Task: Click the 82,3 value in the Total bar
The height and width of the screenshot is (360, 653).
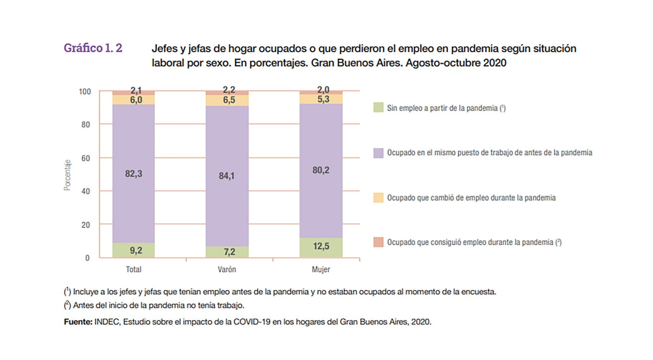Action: coord(134,174)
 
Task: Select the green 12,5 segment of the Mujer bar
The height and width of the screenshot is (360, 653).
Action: coord(321,246)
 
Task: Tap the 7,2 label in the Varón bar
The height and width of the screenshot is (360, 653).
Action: coord(229,252)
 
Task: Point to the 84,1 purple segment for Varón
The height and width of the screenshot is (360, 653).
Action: coord(227,176)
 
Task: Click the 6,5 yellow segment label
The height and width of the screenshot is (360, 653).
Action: coord(229,100)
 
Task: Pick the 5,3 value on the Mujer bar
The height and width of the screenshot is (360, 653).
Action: coord(323,99)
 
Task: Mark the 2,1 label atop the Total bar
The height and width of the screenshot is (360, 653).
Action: coord(136,91)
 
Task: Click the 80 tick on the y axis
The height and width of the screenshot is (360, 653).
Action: coord(86,125)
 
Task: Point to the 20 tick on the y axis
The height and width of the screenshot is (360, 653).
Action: coord(86,225)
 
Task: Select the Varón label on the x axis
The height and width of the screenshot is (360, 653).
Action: coord(227,269)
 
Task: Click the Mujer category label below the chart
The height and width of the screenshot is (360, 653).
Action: coord(321,269)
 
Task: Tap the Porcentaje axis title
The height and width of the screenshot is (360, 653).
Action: coord(68,175)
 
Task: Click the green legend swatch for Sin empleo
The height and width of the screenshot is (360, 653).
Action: coord(378,108)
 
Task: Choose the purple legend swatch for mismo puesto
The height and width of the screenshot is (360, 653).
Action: coord(378,153)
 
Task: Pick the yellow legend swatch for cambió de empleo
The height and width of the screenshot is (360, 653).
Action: coord(378,198)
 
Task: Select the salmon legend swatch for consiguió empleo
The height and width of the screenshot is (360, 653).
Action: coord(378,242)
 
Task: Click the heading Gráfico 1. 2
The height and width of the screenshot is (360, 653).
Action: coord(93,48)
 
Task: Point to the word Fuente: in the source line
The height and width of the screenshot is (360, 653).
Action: coord(78,322)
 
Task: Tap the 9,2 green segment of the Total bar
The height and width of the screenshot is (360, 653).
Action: coord(136,250)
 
